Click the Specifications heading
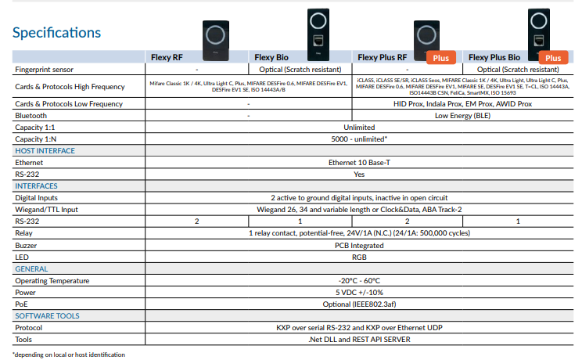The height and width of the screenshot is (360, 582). click(56, 33)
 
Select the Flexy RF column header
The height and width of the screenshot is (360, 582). click(167, 57)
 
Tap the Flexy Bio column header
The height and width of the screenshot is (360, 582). click(271, 57)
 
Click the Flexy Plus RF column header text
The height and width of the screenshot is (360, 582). click(382, 57)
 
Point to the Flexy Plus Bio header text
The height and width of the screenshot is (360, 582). click(494, 57)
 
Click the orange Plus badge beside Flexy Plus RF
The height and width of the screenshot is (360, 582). click(441, 58)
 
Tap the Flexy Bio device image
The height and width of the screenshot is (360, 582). click(318, 34)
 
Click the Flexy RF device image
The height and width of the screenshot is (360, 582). click(216, 41)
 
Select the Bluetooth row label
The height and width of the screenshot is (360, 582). click(31, 116)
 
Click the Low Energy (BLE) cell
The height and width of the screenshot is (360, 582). click(462, 116)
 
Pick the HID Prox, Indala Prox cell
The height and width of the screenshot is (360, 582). click(462, 103)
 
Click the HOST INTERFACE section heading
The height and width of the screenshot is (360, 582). click(45, 150)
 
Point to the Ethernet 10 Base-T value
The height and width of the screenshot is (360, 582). click(359, 162)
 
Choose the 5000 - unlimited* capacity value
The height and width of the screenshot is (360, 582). click(359, 139)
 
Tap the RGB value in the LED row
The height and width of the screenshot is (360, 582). click(359, 257)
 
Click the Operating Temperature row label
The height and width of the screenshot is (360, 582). click(52, 280)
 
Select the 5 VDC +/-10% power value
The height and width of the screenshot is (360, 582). click(359, 293)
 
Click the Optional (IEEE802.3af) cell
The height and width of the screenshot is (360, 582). click(359, 304)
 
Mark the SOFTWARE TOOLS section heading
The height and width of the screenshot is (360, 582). click(47, 316)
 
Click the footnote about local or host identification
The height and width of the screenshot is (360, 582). click(69, 355)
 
